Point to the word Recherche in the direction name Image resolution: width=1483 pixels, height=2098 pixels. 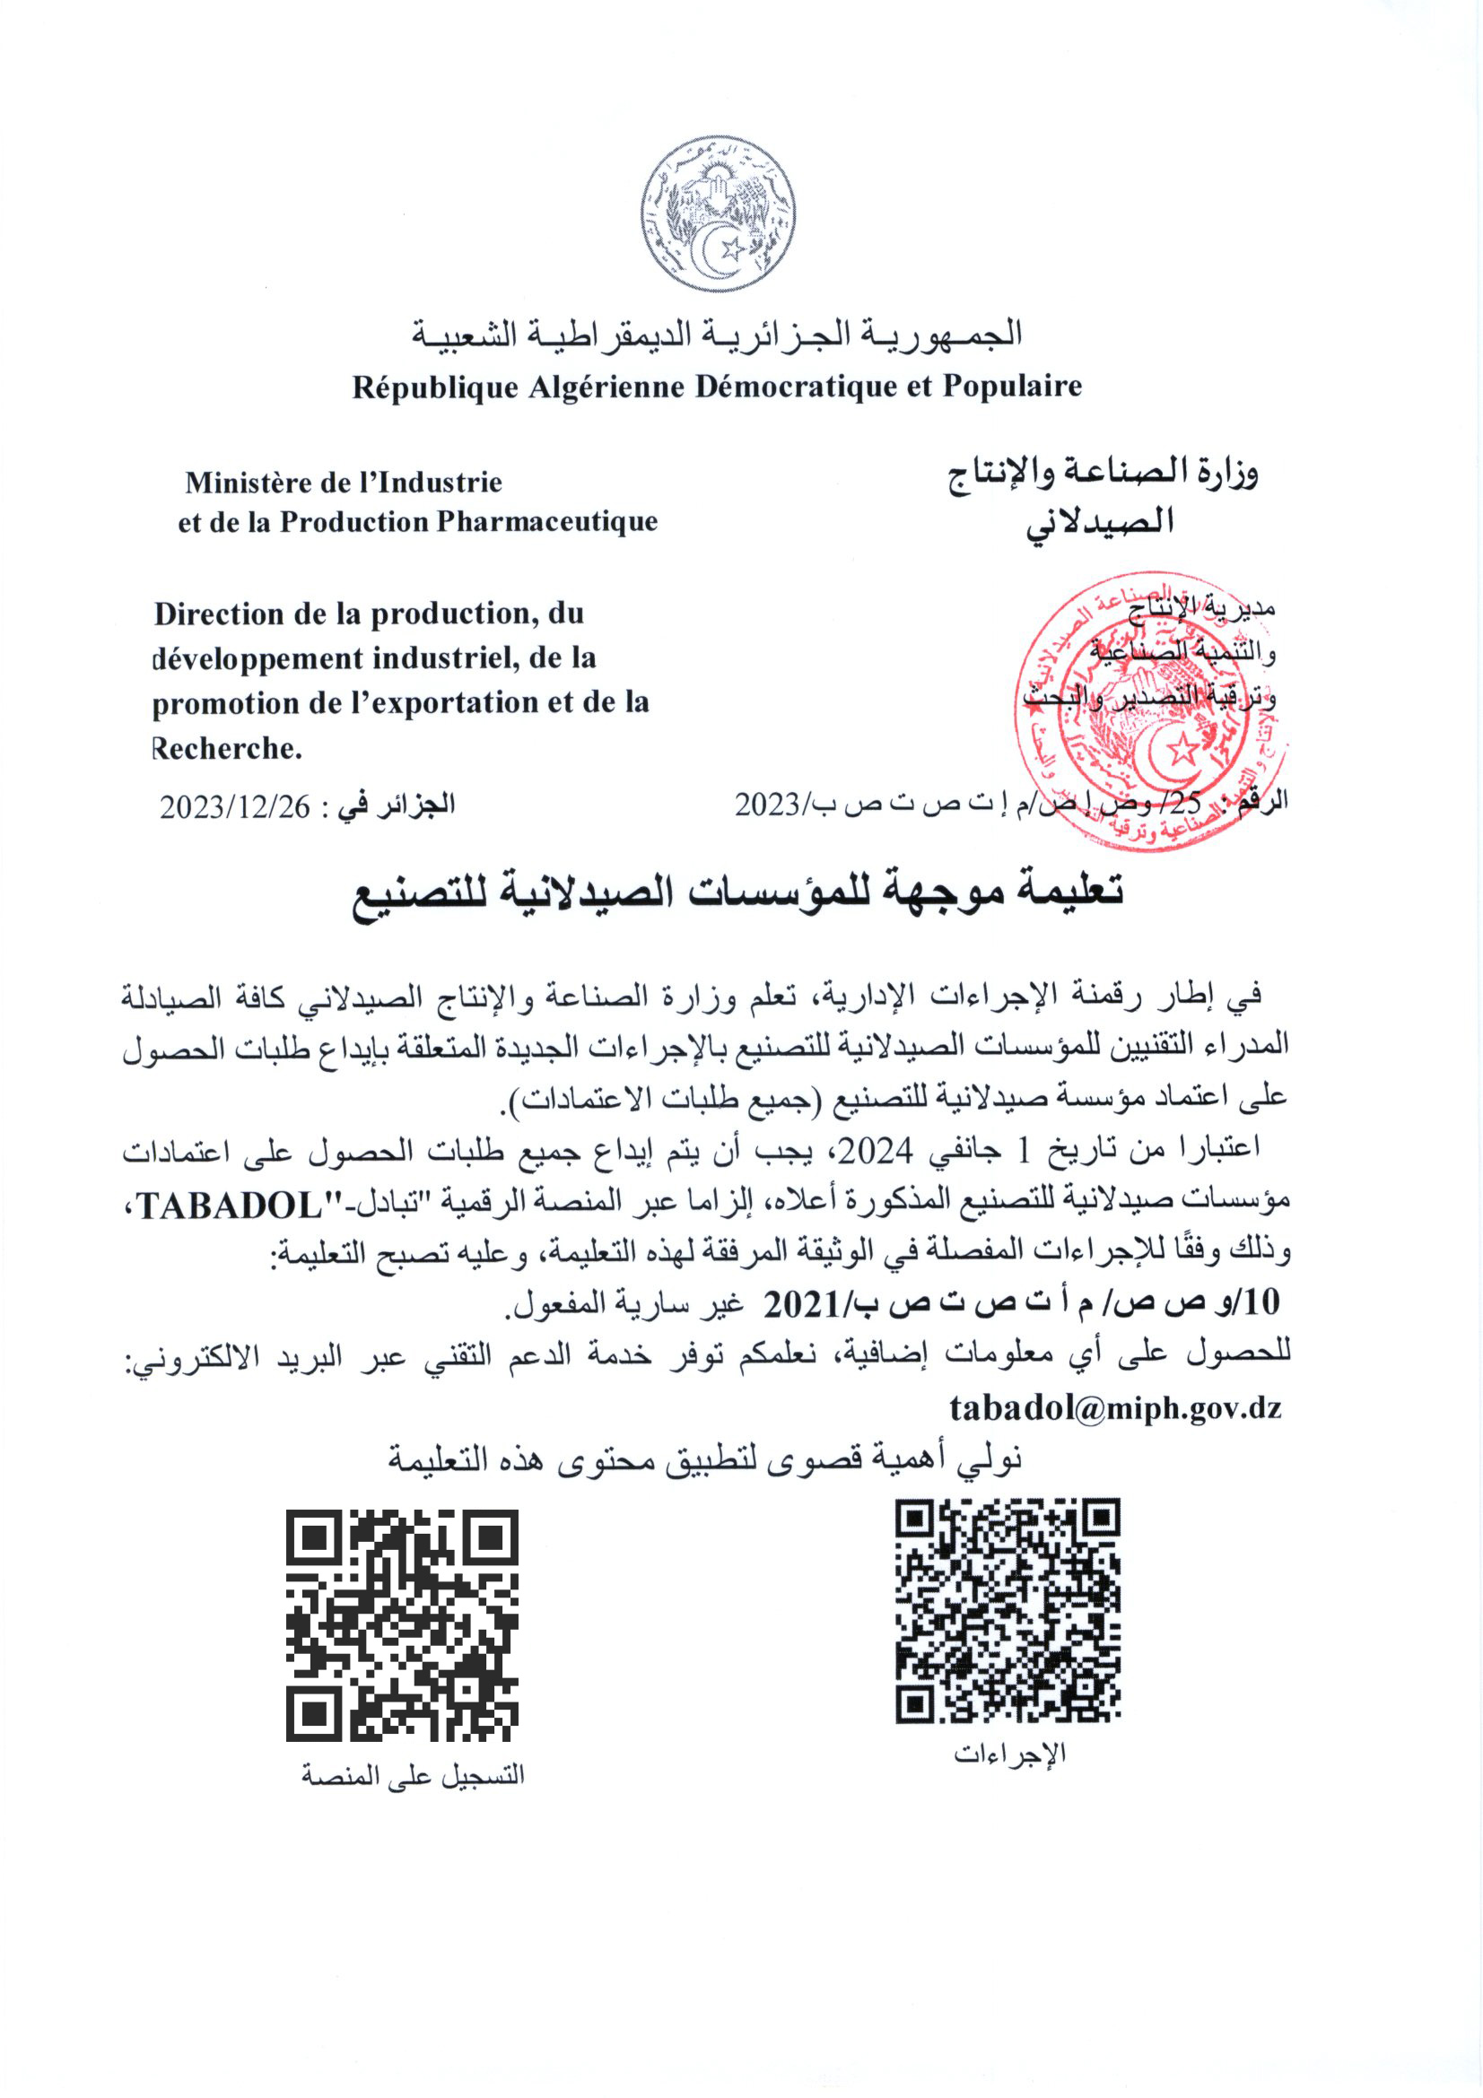click(227, 748)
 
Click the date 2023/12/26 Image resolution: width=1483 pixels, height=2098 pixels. click(235, 807)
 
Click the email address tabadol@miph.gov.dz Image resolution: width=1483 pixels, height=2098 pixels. click(1115, 1408)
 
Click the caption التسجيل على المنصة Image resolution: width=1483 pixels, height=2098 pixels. click(413, 1775)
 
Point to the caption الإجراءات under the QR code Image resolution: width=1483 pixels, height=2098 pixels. click(1009, 1754)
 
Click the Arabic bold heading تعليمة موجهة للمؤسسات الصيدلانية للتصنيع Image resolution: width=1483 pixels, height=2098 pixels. click(738, 891)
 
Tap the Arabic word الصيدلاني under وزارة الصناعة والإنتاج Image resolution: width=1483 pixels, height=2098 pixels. click(1099, 523)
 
